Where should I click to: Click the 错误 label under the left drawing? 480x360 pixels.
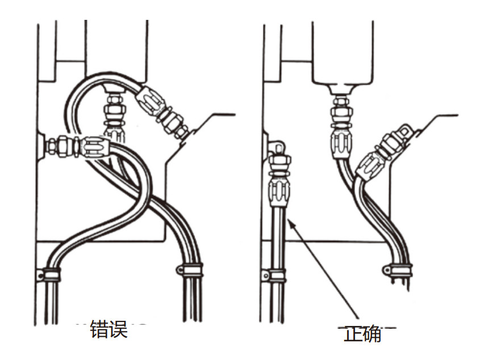(108, 329)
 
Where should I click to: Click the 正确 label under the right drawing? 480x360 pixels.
(362, 334)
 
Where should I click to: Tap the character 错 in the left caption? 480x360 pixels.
(99, 329)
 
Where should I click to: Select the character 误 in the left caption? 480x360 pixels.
(118, 329)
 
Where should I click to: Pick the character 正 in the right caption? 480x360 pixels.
(353, 334)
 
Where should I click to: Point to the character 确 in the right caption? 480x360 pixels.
(372, 334)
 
